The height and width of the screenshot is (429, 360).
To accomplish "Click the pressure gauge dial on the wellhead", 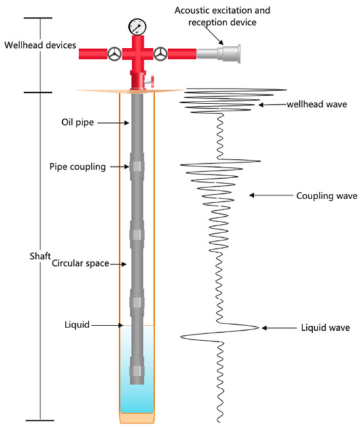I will coord(137,27).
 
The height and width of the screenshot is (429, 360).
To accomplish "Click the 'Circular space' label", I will coord(79,264).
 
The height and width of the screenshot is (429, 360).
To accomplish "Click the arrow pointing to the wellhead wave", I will coord(269,104).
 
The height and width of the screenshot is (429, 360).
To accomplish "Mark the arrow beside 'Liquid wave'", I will coord(275,327).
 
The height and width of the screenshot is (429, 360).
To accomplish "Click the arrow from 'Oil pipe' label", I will coord(114,122).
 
